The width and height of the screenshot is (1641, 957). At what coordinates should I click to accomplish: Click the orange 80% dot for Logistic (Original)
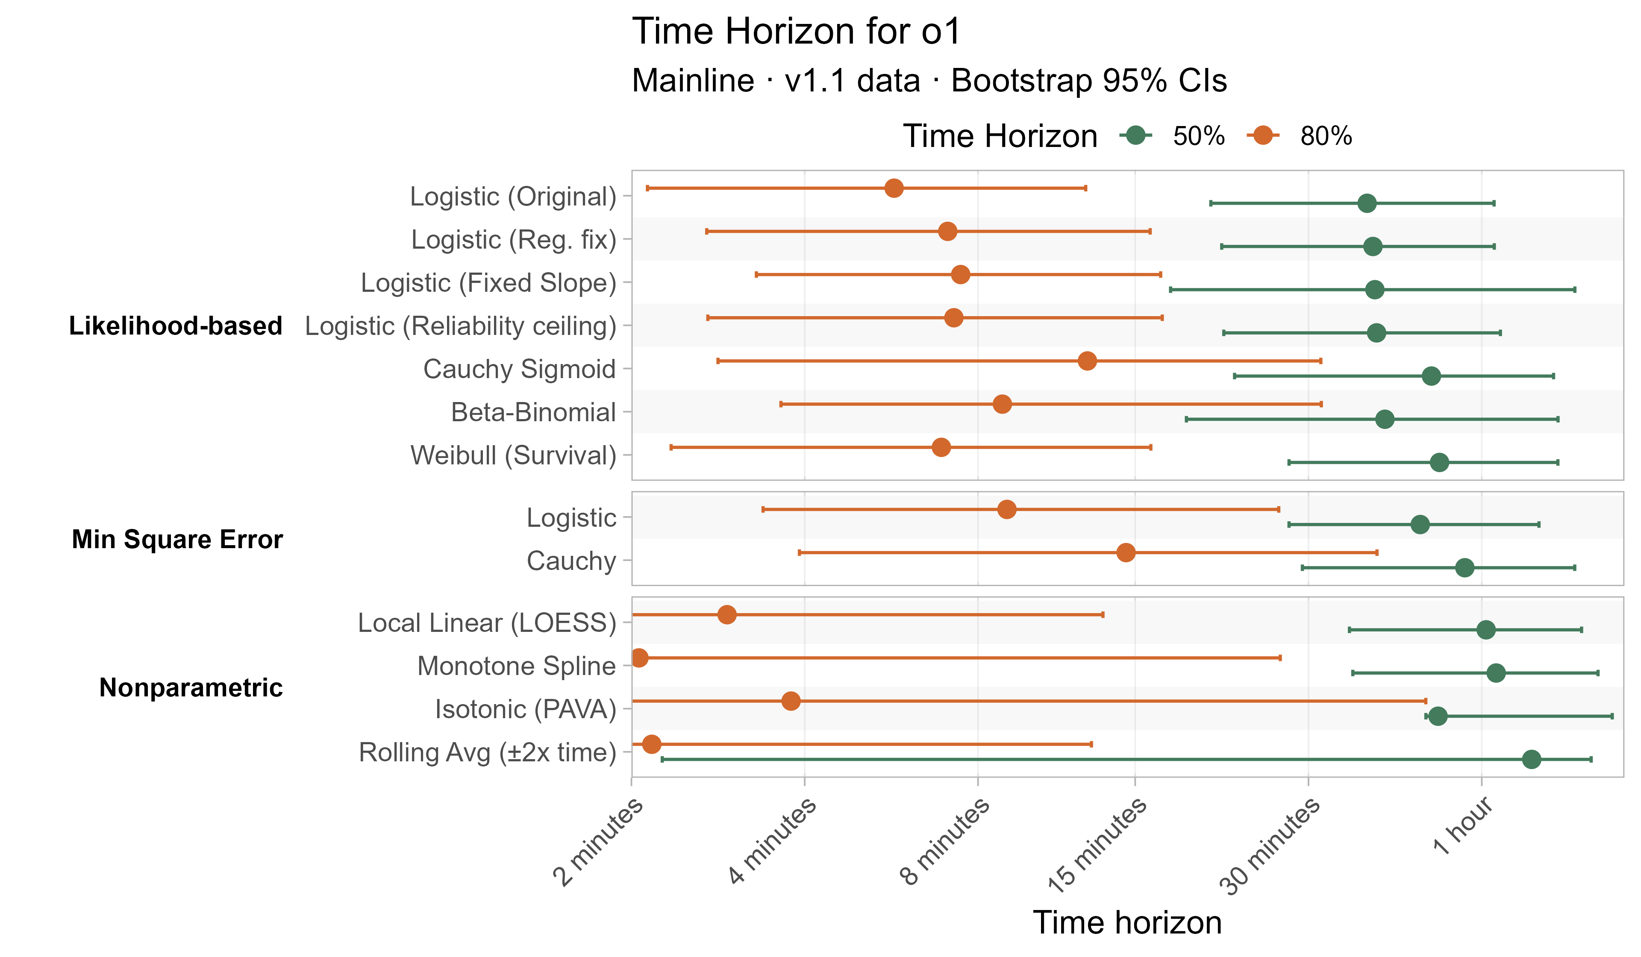[x=894, y=188]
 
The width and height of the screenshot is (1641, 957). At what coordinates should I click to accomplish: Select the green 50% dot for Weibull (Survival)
[x=1440, y=462]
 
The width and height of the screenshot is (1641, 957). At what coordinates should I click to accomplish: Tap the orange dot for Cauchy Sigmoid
[x=1087, y=361]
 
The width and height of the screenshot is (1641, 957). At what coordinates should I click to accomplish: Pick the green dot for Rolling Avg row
[x=1532, y=759]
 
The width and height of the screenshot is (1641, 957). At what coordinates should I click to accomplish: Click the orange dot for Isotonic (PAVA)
[x=791, y=701]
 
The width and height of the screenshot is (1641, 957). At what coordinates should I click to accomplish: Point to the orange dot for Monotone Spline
[x=639, y=658]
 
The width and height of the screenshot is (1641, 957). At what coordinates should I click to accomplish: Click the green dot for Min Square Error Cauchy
[x=1465, y=568]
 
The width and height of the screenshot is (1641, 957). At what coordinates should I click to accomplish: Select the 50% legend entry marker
[x=1136, y=135]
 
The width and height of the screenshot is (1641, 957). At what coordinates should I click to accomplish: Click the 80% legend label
[x=1326, y=136]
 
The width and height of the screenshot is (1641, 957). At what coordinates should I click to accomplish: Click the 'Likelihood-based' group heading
[x=175, y=326]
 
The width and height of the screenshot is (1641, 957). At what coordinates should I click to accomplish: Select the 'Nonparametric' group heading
[x=191, y=687]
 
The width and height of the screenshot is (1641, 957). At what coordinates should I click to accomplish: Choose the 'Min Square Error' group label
[x=177, y=539]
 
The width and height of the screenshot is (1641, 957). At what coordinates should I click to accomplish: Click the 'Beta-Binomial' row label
[x=532, y=412]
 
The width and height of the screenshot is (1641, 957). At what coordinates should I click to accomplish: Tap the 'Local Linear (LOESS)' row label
[x=486, y=622]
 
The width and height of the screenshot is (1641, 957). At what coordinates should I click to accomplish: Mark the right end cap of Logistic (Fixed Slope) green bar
[x=1575, y=289]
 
